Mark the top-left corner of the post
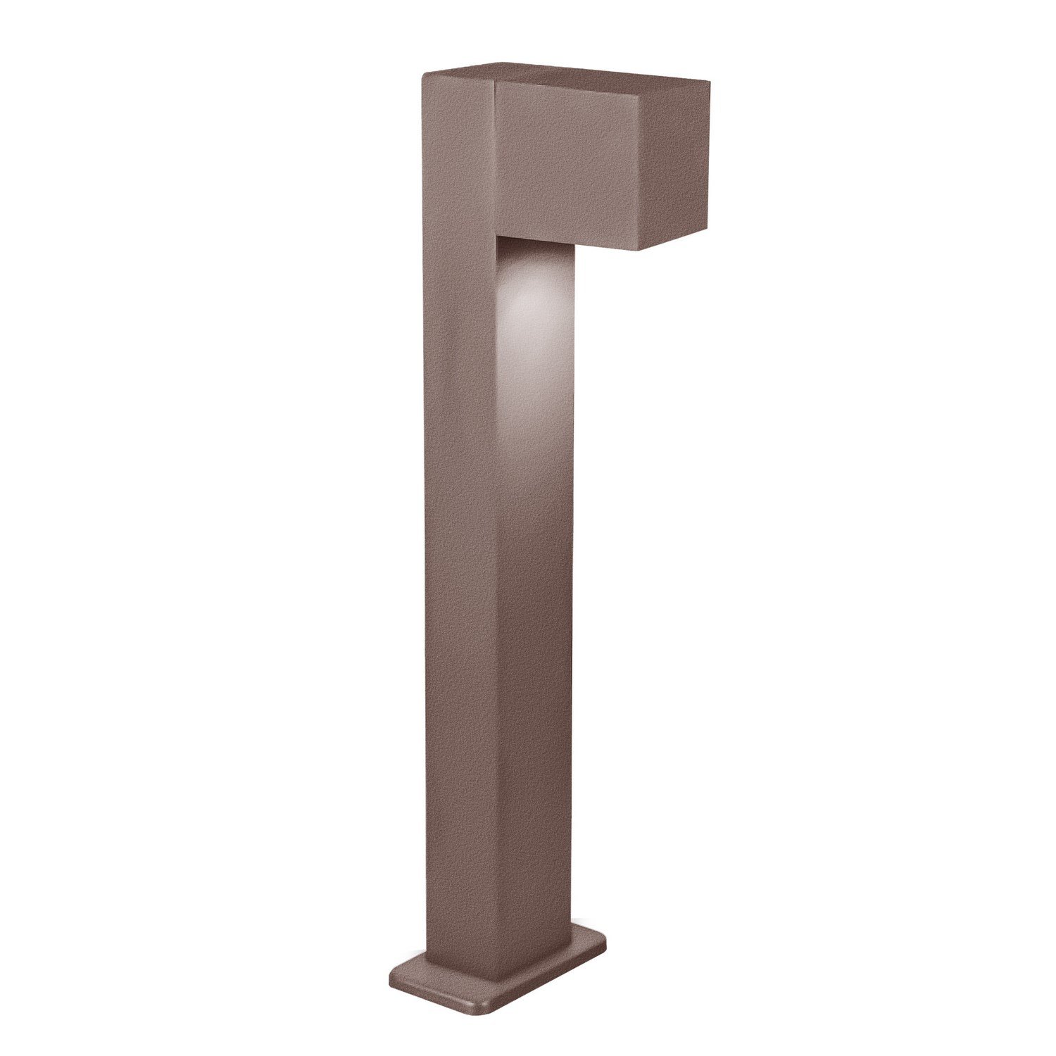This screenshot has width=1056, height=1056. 422,75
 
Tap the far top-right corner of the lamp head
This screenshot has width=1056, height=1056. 709,82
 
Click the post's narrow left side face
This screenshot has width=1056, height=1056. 461,563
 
